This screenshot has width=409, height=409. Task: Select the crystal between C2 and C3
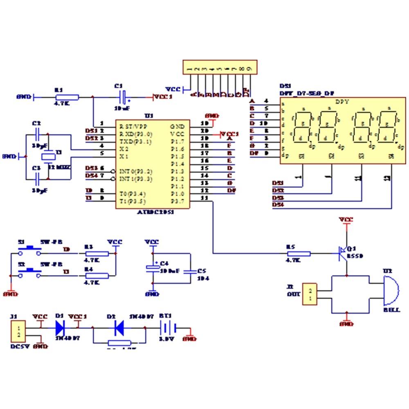[48, 157]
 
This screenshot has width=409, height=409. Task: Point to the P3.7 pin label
[178, 201]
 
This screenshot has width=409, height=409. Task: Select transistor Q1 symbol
[343, 254]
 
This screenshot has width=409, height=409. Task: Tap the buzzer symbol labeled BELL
[391, 291]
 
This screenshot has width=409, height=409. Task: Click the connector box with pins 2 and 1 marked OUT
[310, 294]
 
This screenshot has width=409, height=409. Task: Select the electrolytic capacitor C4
[153, 268]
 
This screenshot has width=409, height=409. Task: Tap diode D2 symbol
[119, 327]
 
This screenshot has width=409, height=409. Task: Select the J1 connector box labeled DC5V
[18, 332]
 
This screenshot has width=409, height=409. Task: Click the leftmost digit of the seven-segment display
[303, 127]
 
